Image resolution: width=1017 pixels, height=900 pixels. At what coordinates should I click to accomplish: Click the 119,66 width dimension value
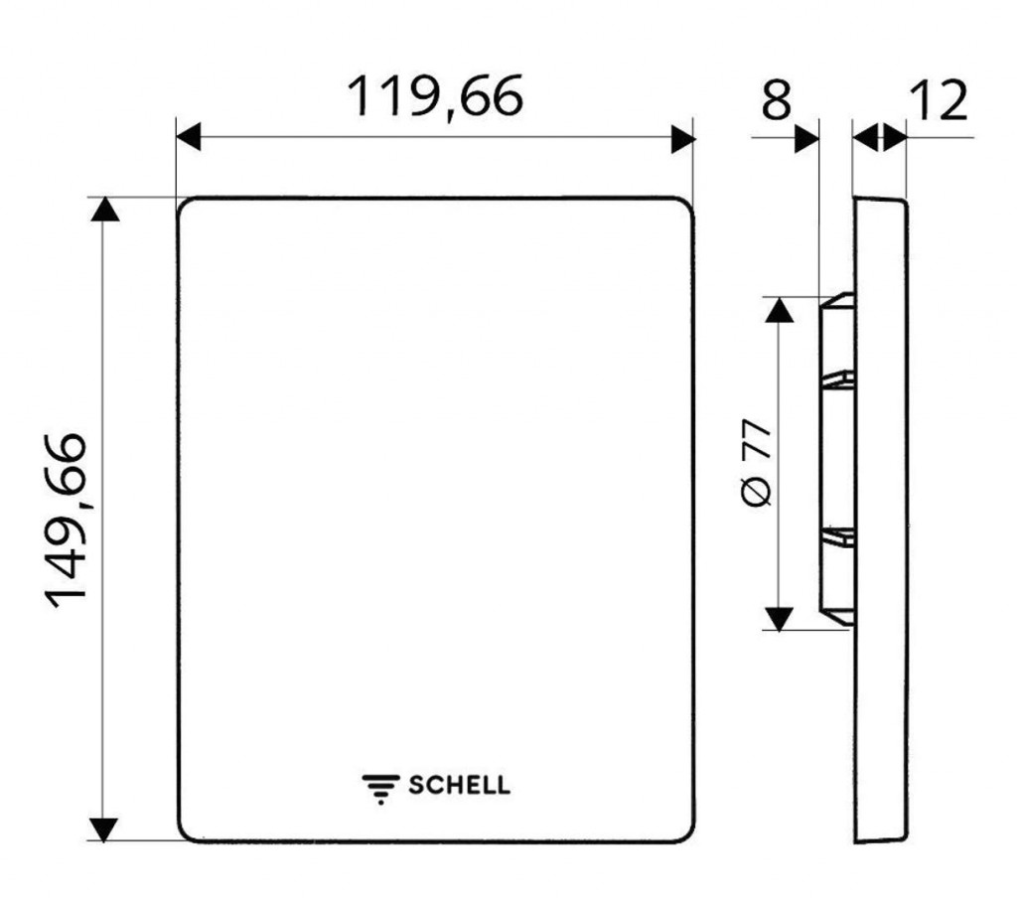coord(435,96)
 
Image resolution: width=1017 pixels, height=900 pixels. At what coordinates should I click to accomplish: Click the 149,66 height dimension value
coord(66,521)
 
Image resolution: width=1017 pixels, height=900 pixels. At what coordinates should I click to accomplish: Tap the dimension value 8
coord(777,100)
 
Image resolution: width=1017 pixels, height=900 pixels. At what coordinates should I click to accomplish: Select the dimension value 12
coord(939,100)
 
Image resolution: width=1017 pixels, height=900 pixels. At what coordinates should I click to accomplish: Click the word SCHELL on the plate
coord(459,785)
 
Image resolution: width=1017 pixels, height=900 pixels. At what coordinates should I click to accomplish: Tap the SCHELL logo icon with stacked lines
coord(380,789)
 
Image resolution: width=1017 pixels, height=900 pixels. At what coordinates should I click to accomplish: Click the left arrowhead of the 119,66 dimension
coord(189,137)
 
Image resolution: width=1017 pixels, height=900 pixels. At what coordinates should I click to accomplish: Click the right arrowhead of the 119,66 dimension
coord(683,139)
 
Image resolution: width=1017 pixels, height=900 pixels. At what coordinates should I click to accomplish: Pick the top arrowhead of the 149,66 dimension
coord(104,210)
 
